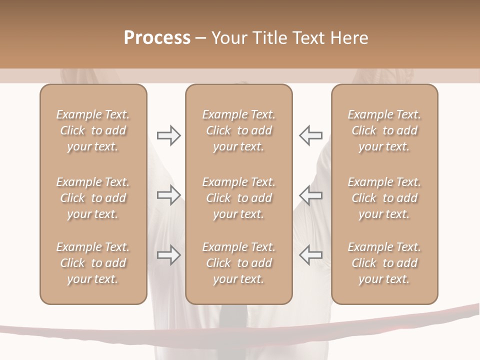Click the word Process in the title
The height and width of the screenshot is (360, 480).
(157, 38)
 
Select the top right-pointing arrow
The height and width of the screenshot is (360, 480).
(168, 135)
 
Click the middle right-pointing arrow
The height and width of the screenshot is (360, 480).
(168, 195)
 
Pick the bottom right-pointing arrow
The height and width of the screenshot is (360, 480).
(168, 255)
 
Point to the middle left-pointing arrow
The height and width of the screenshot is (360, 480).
(310, 195)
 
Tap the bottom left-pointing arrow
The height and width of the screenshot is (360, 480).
(310, 255)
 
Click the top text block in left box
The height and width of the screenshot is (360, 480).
(93, 130)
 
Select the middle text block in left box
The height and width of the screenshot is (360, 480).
(93, 198)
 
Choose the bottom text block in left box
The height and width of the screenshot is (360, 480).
(93, 263)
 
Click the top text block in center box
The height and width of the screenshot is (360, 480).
(238, 130)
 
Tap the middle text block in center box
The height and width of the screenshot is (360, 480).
(238, 198)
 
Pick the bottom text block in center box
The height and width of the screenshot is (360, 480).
(238, 263)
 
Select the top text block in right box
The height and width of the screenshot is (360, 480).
(384, 130)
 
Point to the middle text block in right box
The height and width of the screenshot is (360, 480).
(384, 198)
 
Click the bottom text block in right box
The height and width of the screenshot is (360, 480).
(384, 263)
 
